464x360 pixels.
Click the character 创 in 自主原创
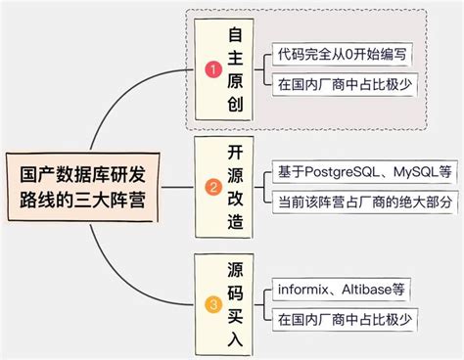tap(235, 105)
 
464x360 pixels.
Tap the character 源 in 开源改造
tap(235, 174)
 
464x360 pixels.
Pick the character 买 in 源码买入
tap(235, 315)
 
